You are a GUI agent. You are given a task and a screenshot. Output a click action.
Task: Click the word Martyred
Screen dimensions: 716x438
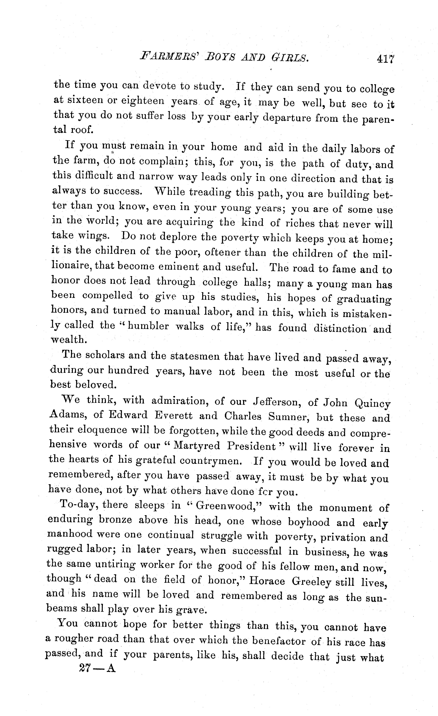(x=197, y=446)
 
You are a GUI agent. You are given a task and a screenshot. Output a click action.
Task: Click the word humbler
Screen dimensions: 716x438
(x=148, y=326)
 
